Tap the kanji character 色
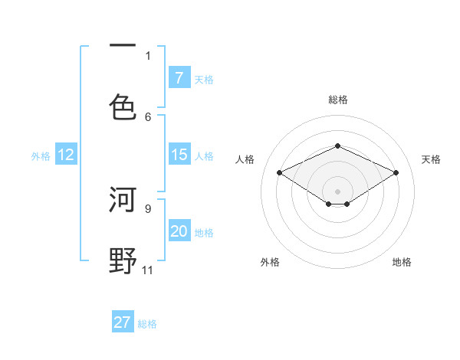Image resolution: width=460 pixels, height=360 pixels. point(123,106)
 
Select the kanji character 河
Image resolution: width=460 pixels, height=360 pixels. point(123,201)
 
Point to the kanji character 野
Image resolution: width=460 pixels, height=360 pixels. point(123,260)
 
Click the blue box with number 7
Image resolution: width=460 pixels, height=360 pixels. point(179,77)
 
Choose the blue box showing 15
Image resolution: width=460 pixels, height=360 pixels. point(179,155)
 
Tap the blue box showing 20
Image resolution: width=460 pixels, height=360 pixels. point(179,231)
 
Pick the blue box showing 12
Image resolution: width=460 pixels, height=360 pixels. point(65,155)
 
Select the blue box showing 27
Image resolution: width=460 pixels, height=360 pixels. point(123,322)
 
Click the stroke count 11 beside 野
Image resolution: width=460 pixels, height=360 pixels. point(147,270)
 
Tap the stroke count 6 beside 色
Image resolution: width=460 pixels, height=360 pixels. point(148,116)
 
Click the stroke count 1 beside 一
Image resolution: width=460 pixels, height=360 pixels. point(148,55)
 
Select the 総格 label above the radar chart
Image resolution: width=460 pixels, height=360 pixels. point(337,100)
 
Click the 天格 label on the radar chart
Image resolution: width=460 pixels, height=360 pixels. point(431,159)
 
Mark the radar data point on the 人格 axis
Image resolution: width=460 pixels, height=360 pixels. point(280,173)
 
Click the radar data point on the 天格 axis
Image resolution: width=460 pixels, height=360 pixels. point(396,173)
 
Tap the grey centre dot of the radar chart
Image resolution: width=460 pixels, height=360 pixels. point(337,191)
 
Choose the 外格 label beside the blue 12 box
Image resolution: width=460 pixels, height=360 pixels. point(41,155)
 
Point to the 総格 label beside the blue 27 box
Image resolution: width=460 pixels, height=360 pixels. point(147,323)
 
